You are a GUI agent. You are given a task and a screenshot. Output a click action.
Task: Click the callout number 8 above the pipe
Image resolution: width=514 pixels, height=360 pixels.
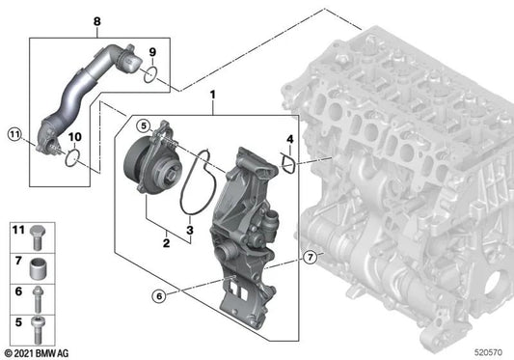[95, 20]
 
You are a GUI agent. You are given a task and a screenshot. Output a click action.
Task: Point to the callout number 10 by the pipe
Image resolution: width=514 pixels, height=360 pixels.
[74, 138]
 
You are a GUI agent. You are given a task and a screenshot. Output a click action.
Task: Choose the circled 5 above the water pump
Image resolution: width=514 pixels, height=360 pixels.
[143, 125]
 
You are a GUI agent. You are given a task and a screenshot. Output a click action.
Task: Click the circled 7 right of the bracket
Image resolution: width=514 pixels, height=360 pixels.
[309, 257]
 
